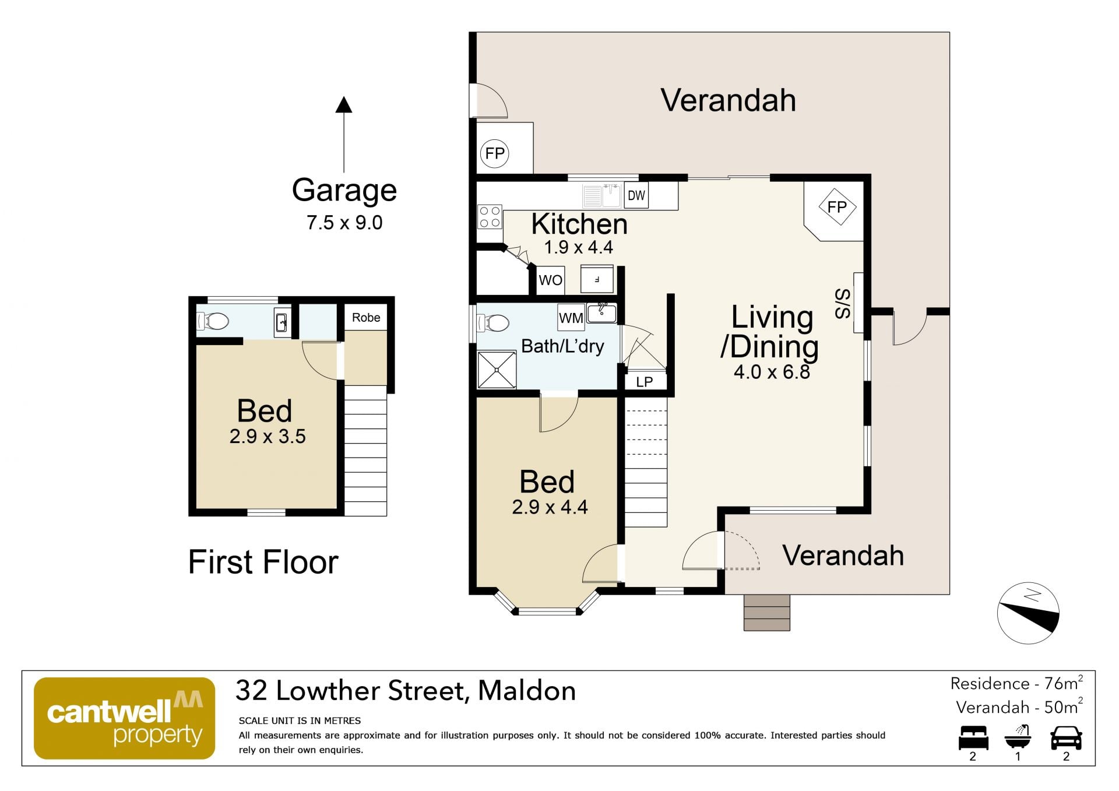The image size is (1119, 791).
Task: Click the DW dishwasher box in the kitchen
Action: tap(636, 195)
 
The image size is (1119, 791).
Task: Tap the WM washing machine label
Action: tap(571, 318)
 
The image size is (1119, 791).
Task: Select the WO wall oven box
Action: tap(550, 280)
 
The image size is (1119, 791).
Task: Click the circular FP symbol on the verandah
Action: tap(495, 153)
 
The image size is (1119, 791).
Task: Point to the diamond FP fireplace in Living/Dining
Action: tap(837, 207)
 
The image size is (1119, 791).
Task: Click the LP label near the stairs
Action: tap(644, 382)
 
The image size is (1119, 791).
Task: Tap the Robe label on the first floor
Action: tap(366, 317)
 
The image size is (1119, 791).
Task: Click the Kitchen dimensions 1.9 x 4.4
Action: tap(578, 247)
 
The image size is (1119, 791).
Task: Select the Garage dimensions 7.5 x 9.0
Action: tap(344, 223)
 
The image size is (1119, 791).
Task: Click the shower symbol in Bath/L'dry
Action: tap(497, 370)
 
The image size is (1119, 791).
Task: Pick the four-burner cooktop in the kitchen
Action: tap(490, 217)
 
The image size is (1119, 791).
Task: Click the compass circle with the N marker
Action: tap(1028, 613)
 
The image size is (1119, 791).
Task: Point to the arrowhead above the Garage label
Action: tap(344, 105)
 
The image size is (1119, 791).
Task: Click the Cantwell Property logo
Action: tap(124, 718)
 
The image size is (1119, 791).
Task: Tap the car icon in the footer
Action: tap(1066, 737)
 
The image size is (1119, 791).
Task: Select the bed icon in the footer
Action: tap(973, 737)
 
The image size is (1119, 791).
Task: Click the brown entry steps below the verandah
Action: tap(766, 612)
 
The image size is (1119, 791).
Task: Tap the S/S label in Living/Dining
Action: tap(843, 304)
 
